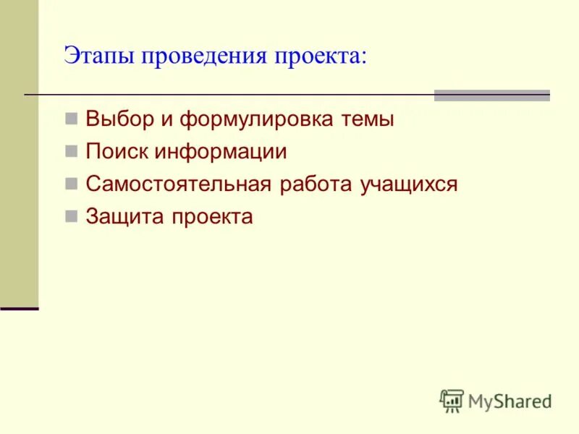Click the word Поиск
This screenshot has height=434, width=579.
click(115, 152)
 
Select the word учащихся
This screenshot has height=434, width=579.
click(409, 184)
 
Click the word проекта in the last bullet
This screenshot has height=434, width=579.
click(211, 217)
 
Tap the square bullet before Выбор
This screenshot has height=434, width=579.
click(70, 119)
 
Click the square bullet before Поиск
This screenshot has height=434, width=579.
click(70, 151)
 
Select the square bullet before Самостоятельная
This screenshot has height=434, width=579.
click(70, 184)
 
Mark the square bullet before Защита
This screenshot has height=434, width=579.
click(70, 216)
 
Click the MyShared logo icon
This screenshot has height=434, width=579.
click(452, 400)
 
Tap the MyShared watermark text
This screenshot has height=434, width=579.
click(510, 401)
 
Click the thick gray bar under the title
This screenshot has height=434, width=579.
click(491, 95)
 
